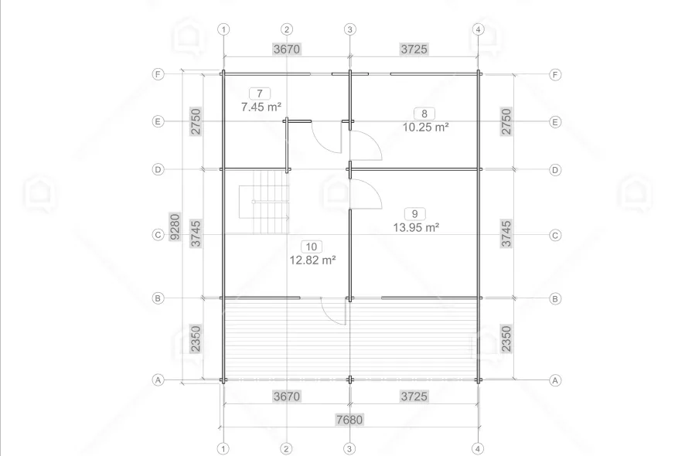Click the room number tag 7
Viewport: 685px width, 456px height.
pyautogui.click(x=260, y=94)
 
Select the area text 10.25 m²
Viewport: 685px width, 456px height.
pyautogui.click(x=425, y=127)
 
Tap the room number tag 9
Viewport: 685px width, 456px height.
pyautogui.click(x=415, y=214)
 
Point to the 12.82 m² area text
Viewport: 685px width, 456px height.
pyautogui.click(x=312, y=260)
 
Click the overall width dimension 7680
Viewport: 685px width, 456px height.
pyautogui.click(x=349, y=420)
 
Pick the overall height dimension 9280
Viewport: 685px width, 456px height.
pyautogui.click(x=175, y=226)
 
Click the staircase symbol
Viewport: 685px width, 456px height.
pyautogui.click(x=264, y=202)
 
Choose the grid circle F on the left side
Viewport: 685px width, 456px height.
pyautogui.click(x=158, y=74)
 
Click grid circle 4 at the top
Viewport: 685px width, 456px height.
pyautogui.click(x=478, y=29)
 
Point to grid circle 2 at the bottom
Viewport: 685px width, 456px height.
pyautogui.click(x=286, y=448)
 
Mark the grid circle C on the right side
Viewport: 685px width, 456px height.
pyautogui.click(x=555, y=236)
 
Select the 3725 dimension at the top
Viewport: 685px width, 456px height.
pyautogui.click(x=414, y=49)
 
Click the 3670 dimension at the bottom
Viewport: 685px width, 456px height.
pyautogui.click(x=287, y=396)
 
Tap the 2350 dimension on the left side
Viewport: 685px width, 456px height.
pyautogui.click(x=196, y=339)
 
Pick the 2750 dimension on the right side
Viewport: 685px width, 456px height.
pyautogui.click(x=506, y=121)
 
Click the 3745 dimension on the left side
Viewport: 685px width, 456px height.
pyautogui.click(x=196, y=233)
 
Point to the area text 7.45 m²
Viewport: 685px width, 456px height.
pyautogui.click(x=261, y=107)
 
